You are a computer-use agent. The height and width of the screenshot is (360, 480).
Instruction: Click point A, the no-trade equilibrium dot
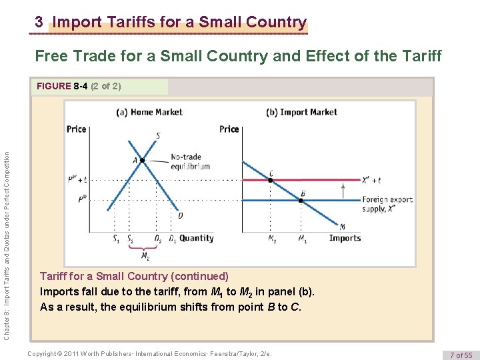[142, 160]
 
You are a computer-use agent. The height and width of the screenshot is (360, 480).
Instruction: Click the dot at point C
[270, 179]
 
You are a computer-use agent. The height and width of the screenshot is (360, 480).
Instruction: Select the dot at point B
[301, 199]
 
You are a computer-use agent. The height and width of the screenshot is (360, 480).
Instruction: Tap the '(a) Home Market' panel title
[149, 112]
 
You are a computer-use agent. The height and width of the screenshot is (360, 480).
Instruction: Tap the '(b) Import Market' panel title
[301, 112]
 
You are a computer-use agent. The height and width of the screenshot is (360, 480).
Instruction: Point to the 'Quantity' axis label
[197, 238]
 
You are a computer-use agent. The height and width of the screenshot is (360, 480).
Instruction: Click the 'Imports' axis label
[345, 238]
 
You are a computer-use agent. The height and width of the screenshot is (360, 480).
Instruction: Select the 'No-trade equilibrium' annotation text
[190, 162]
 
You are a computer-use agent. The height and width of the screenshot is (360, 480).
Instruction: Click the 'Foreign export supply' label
[387, 204]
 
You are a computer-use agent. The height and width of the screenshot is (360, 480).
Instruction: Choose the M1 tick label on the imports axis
[302, 239]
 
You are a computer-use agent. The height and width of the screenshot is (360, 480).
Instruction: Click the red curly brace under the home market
[145, 247]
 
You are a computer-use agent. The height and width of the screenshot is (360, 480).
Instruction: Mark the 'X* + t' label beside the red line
[371, 180]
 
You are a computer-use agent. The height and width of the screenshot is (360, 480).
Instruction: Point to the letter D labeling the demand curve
[180, 216]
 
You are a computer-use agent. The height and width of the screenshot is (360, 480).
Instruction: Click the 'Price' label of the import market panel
[229, 129]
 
